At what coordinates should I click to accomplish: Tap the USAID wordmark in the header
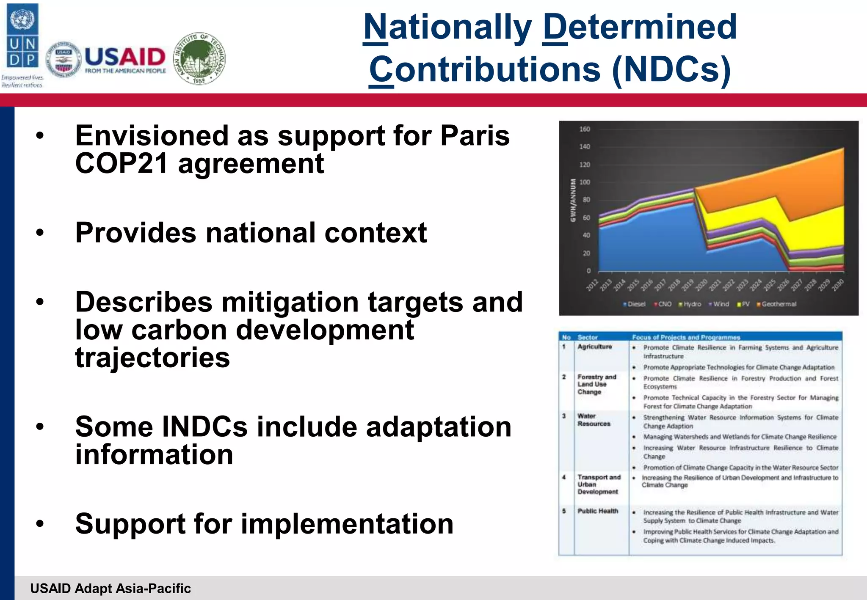tap(125, 57)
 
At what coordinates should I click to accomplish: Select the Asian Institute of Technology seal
tap(200, 58)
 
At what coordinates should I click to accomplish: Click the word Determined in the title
tap(640, 27)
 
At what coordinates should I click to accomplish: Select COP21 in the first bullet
tap(121, 164)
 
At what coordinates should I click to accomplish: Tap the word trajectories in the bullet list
tap(152, 358)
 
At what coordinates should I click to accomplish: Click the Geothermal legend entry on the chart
tap(778, 304)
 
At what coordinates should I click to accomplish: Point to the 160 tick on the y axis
tap(585, 129)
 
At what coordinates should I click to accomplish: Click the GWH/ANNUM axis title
tap(573, 200)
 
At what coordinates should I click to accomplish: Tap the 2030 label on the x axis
tap(837, 284)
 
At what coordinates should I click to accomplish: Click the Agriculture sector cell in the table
tap(594, 347)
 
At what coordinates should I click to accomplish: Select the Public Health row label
tap(597, 511)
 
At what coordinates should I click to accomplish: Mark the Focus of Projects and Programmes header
tap(686, 337)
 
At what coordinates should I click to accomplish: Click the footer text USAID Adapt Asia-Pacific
tap(110, 589)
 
